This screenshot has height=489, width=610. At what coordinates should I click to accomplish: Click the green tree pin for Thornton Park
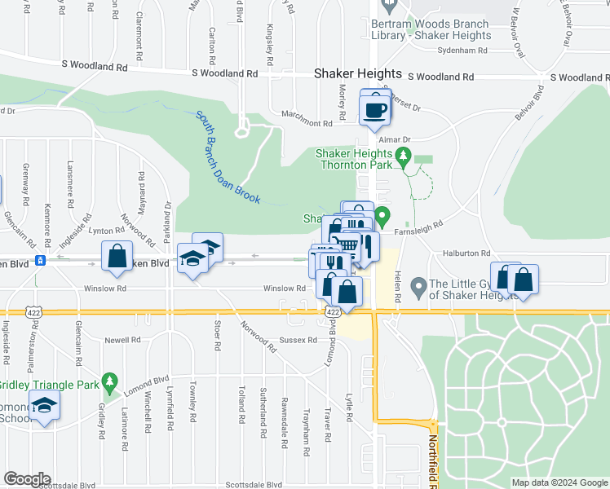click(x=401, y=155)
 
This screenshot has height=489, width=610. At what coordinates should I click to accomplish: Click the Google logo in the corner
click(x=27, y=479)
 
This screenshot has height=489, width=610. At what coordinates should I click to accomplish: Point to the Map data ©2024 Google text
click(x=558, y=482)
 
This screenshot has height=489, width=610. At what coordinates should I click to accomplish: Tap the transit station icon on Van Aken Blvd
click(x=39, y=262)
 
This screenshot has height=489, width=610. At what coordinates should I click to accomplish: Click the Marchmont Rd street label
click(x=306, y=124)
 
